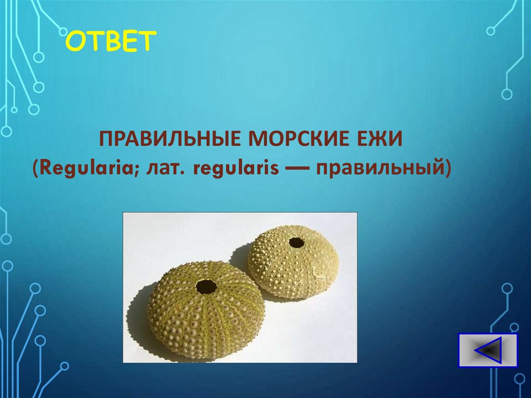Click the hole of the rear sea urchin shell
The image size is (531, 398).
[x=296, y=242]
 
